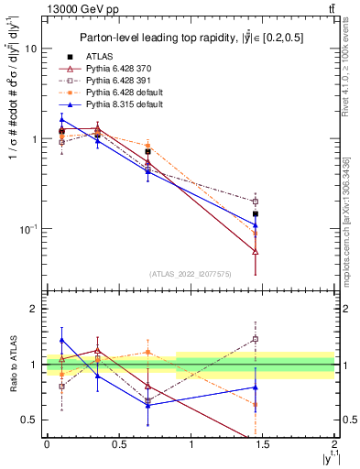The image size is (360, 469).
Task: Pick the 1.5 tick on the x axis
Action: (x=263, y=444)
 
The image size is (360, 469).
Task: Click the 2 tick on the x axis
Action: (x=335, y=444)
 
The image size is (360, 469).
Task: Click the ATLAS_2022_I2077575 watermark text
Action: (x=190, y=273)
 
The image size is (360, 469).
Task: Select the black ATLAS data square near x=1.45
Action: (x=256, y=213)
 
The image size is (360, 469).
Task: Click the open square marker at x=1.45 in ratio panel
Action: (x=256, y=339)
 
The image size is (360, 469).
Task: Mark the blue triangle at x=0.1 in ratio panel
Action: (x=61, y=340)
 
